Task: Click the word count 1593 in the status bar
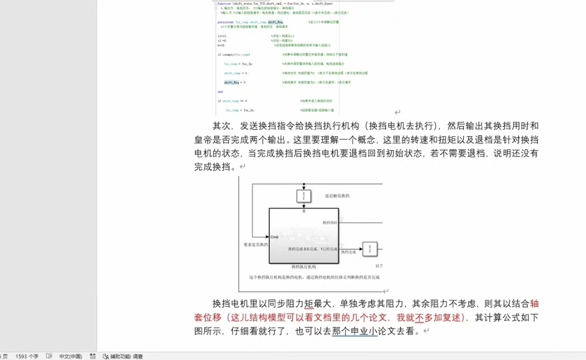tap(27, 356)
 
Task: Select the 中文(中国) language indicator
tap(71, 356)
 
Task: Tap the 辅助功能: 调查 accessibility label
tap(126, 356)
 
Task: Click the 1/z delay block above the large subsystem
tap(304, 195)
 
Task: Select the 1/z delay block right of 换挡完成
tap(370, 249)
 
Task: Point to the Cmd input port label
tap(275, 237)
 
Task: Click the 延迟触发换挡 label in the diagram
tap(337, 195)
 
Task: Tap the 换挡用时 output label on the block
tap(330, 223)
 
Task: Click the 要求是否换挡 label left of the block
tap(256, 244)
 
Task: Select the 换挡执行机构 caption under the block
tap(304, 267)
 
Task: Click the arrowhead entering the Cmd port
tap(267, 237)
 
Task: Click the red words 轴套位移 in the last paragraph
tap(534, 304)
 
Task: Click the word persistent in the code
tap(226, 22)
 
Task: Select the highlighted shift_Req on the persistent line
tap(276, 22)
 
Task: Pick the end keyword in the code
tap(220, 92)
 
